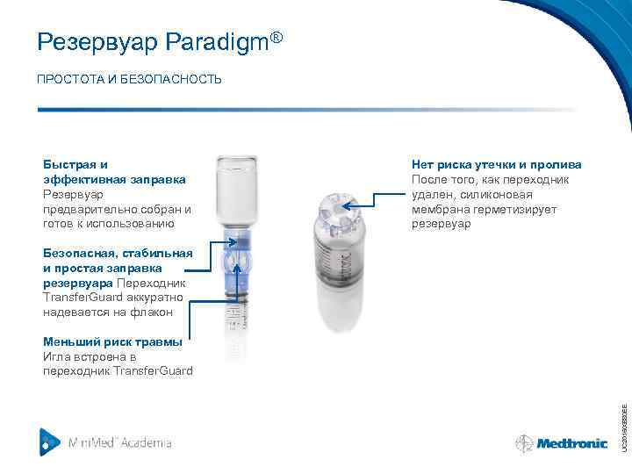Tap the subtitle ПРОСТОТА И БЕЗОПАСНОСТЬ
(x=129, y=80)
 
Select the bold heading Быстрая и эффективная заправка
(x=114, y=172)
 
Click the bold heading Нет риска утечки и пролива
(x=497, y=164)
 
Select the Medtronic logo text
(x=572, y=443)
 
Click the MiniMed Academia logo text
(x=120, y=442)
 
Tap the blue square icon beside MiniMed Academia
(x=50, y=442)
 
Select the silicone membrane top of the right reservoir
(x=338, y=206)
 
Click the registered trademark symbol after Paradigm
(x=276, y=36)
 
